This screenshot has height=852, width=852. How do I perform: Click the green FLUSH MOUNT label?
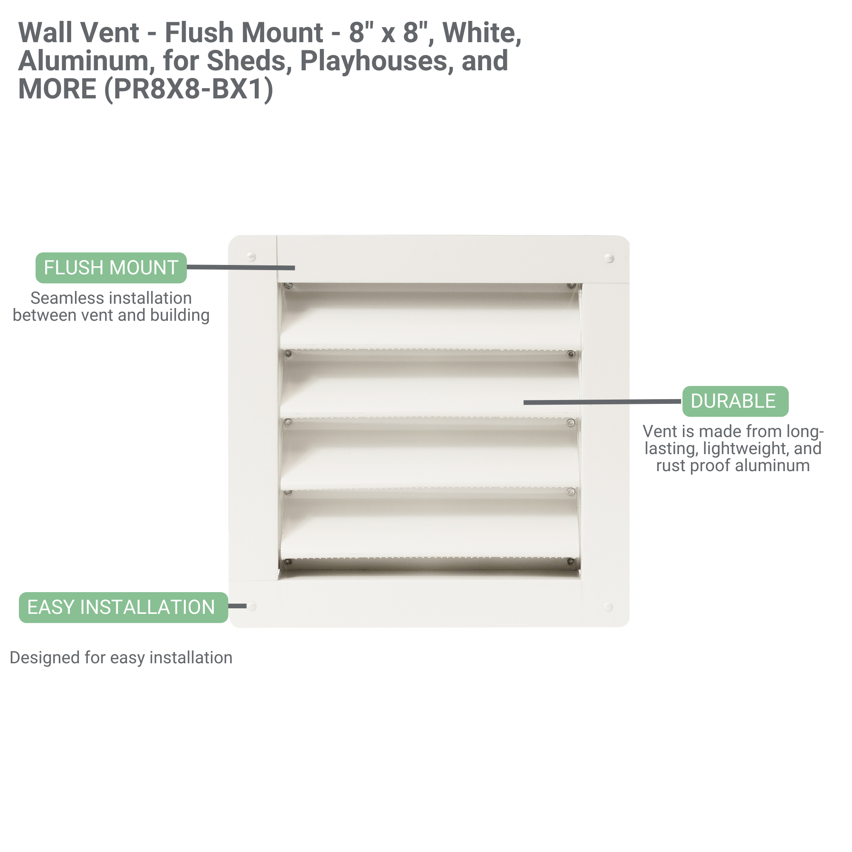[111, 268]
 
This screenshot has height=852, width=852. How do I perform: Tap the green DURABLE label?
[735, 401]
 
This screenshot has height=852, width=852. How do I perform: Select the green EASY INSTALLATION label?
[124, 607]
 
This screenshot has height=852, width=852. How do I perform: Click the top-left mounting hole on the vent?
[251, 256]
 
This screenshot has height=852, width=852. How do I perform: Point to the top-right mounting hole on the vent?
[610, 258]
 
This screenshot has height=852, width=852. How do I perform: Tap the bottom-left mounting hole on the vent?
[252, 606]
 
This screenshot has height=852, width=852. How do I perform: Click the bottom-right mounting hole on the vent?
[609, 607]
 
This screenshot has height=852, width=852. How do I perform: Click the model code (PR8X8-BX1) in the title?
[189, 89]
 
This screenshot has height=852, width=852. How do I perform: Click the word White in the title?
[482, 33]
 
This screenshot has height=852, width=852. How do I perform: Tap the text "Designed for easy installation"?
[121, 657]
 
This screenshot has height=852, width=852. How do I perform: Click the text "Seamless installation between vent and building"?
[111, 306]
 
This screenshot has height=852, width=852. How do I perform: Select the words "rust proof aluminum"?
[733, 465]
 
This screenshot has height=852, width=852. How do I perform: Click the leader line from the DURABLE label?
[602, 402]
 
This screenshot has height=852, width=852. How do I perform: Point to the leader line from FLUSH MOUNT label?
[241, 267]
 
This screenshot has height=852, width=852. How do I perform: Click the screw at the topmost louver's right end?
[572, 286]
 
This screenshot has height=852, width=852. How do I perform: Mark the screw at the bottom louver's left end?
[288, 562]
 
